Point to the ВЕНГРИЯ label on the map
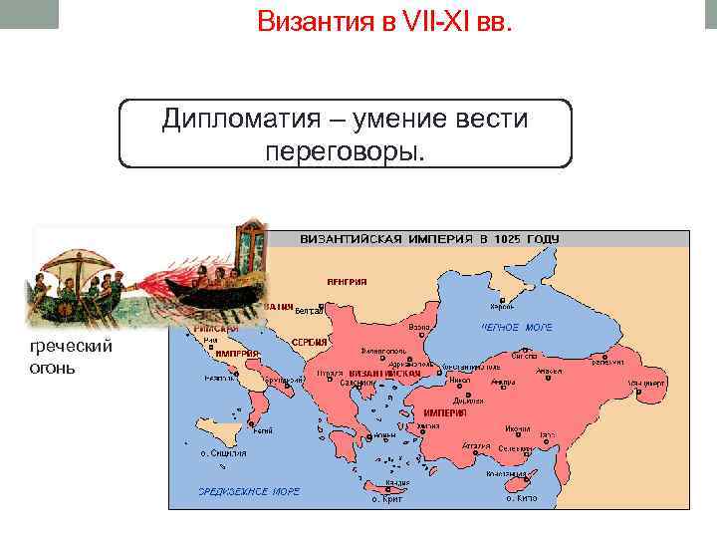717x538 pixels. [x=347, y=282]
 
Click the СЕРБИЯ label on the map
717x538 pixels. [x=310, y=342]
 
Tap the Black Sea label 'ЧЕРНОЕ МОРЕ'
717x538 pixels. [x=517, y=327]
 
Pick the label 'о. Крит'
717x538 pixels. [x=387, y=498]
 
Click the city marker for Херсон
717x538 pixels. [x=503, y=299]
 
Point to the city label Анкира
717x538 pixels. [x=502, y=383]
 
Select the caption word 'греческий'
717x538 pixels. [x=72, y=346]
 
